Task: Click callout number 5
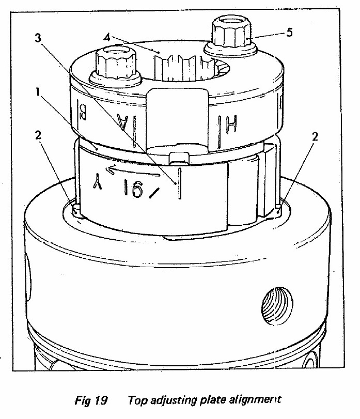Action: (289, 33)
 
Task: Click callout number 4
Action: (107, 38)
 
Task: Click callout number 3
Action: (38, 38)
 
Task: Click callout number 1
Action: (38, 92)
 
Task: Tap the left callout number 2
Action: (38, 135)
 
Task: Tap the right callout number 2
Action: (315, 137)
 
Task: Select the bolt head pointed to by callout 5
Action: (231, 34)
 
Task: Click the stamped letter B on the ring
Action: (82, 113)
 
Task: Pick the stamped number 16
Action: (134, 189)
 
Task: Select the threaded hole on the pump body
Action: (277, 305)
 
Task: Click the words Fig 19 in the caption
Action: (91, 400)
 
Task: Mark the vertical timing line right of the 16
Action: (179, 183)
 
